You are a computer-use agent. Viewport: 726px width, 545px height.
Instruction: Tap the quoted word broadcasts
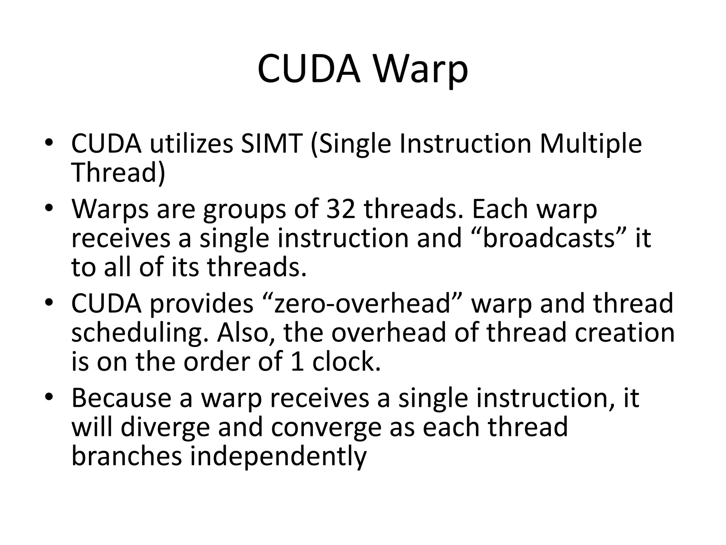point(548,238)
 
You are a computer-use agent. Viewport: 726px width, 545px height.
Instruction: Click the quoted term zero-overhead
point(362,304)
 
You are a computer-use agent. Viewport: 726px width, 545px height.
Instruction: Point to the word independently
point(278,457)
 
